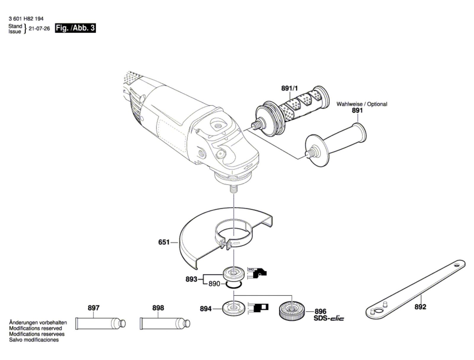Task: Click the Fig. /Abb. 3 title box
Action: pyautogui.click(x=75, y=28)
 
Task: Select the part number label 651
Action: pyautogui.click(x=164, y=242)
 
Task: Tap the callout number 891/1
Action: pyautogui.click(x=289, y=88)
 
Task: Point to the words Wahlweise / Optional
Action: pyautogui.click(x=361, y=104)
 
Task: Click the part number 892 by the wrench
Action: pyautogui.click(x=420, y=307)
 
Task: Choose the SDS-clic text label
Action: pyautogui.click(x=329, y=318)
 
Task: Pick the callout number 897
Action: pyautogui.click(x=94, y=308)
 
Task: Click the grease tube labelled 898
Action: pyautogui.click(x=164, y=323)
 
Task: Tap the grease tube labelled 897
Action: pyautogui.click(x=100, y=323)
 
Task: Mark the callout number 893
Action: pyautogui.click(x=191, y=279)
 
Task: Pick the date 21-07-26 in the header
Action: pyautogui.click(x=39, y=29)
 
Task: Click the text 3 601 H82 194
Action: pyautogui.click(x=26, y=19)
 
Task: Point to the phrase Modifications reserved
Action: pyautogui.click(x=36, y=328)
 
